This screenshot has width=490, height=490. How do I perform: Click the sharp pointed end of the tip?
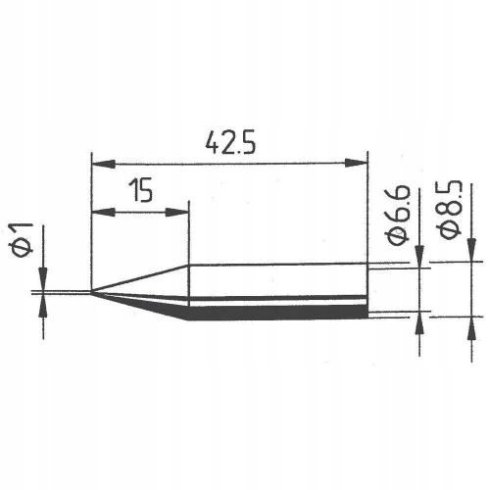(x=92, y=291)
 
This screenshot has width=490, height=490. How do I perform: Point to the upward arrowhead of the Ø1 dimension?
(x=43, y=305)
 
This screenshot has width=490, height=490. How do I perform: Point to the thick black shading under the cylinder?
(x=274, y=313)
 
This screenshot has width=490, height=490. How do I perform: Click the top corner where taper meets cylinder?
(x=188, y=266)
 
